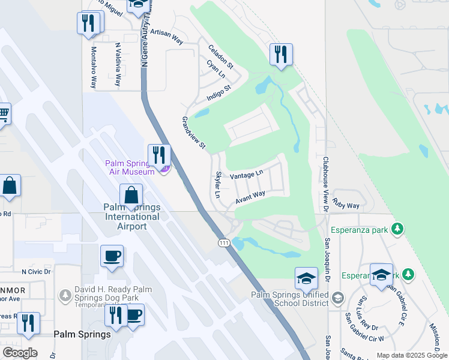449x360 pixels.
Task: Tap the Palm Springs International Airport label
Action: tap(132, 217)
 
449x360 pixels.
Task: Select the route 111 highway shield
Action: tap(223, 242)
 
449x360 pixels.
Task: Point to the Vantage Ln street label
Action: tap(247, 174)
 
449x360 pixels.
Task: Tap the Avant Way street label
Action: tap(250, 197)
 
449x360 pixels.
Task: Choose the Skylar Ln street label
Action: tap(218, 185)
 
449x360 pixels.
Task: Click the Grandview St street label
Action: tap(194, 133)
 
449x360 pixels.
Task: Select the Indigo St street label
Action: tap(218, 94)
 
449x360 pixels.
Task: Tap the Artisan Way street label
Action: tap(166, 37)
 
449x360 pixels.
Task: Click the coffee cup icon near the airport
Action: tap(112, 257)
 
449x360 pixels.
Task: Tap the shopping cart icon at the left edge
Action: tap(4, 113)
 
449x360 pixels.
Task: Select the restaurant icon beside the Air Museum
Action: tap(159, 155)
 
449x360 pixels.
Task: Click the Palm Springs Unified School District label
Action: tap(289, 298)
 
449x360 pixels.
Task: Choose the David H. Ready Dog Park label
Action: tap(106, 293)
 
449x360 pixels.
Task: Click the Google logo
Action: tap(19, 353)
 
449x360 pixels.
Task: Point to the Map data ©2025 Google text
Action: tap(411, 355)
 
